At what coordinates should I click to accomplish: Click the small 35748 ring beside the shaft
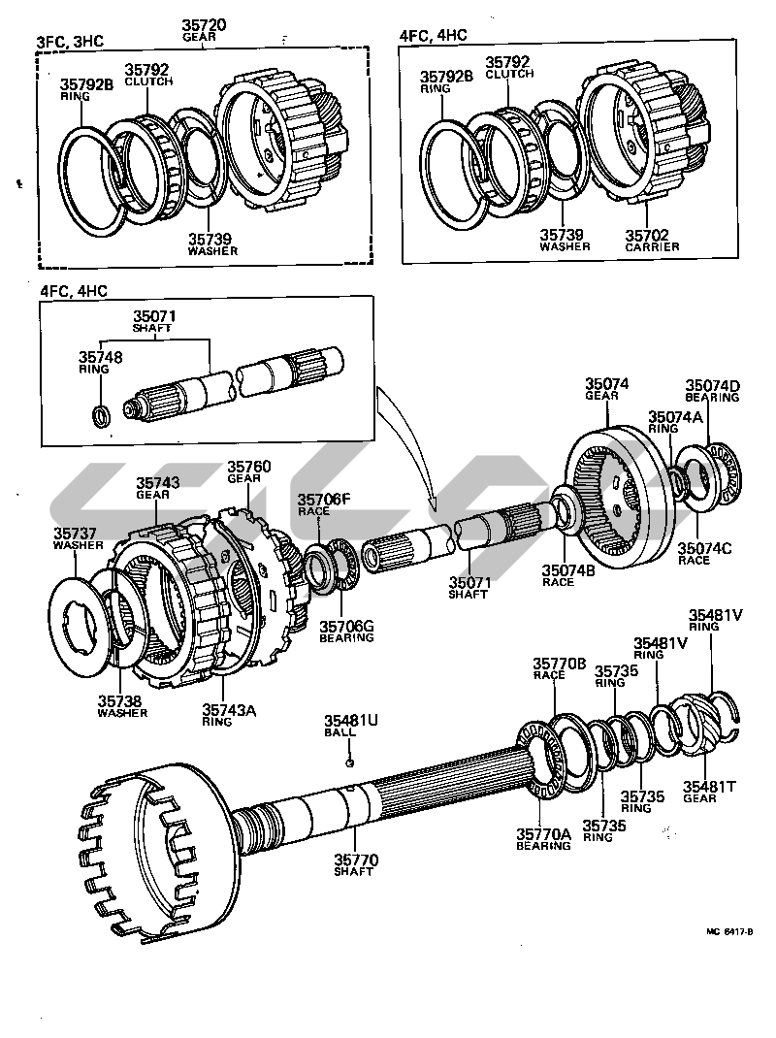coord(100,416)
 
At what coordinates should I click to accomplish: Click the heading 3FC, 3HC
coord(70,41)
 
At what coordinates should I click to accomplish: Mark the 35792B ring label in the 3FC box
coord(86,87)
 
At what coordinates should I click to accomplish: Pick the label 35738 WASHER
coord(122,704)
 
